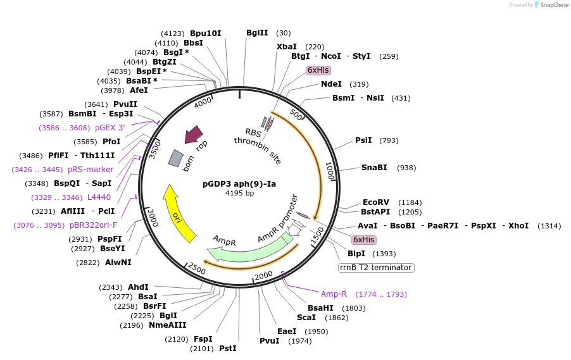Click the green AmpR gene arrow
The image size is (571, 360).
pyautogui.click(x=247, y=249)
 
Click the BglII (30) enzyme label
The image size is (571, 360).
pyautogui.click(x=257, y=33)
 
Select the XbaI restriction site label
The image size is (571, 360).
pyautogui.click(x=287, y=47)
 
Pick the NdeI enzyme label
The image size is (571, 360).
pyautogui.click(x=331, y=84)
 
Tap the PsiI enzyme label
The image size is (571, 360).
pyautogui.click(x=363, y=140)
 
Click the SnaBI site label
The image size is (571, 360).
pyautogui.click(x=374, y=168)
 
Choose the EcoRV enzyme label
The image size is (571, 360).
pyautogui.click(x=376, y=202)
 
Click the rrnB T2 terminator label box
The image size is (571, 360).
pyautogui.click(x=376, y=268)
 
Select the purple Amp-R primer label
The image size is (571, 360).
pyautogui.click(x=334, y=294)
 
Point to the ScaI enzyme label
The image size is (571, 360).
pyautogui.click(x=306, y=318)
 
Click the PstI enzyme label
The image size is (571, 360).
pyautogui.click(x=227, y=349)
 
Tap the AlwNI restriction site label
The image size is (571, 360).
pyautogui.click(x=118, y=263)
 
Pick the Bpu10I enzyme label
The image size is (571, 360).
pyautogui.click(x=206, y=33)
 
